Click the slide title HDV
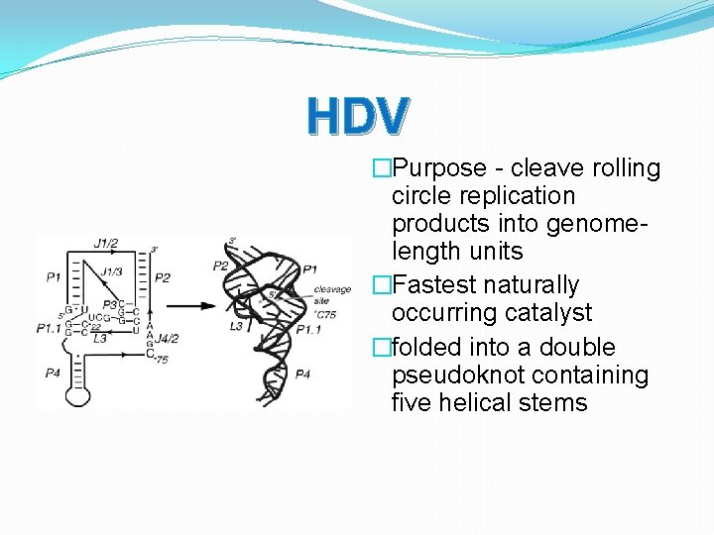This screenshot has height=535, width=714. click(357, 116)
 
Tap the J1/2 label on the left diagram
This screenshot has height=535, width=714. click(107, 243)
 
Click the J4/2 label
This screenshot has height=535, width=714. click(166, 338)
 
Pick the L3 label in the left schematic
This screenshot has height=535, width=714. click(99, 339)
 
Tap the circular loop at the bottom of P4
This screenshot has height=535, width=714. click(78, 395)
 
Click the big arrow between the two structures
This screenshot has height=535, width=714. click(196, 306)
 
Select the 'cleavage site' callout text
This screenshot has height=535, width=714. click(333, 293)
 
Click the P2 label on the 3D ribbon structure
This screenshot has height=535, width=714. click(220, 265)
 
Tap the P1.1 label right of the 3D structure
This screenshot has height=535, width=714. click(308, 329)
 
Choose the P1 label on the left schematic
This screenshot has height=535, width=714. click(53, 277)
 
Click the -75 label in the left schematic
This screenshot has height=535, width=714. click(159, 361)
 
